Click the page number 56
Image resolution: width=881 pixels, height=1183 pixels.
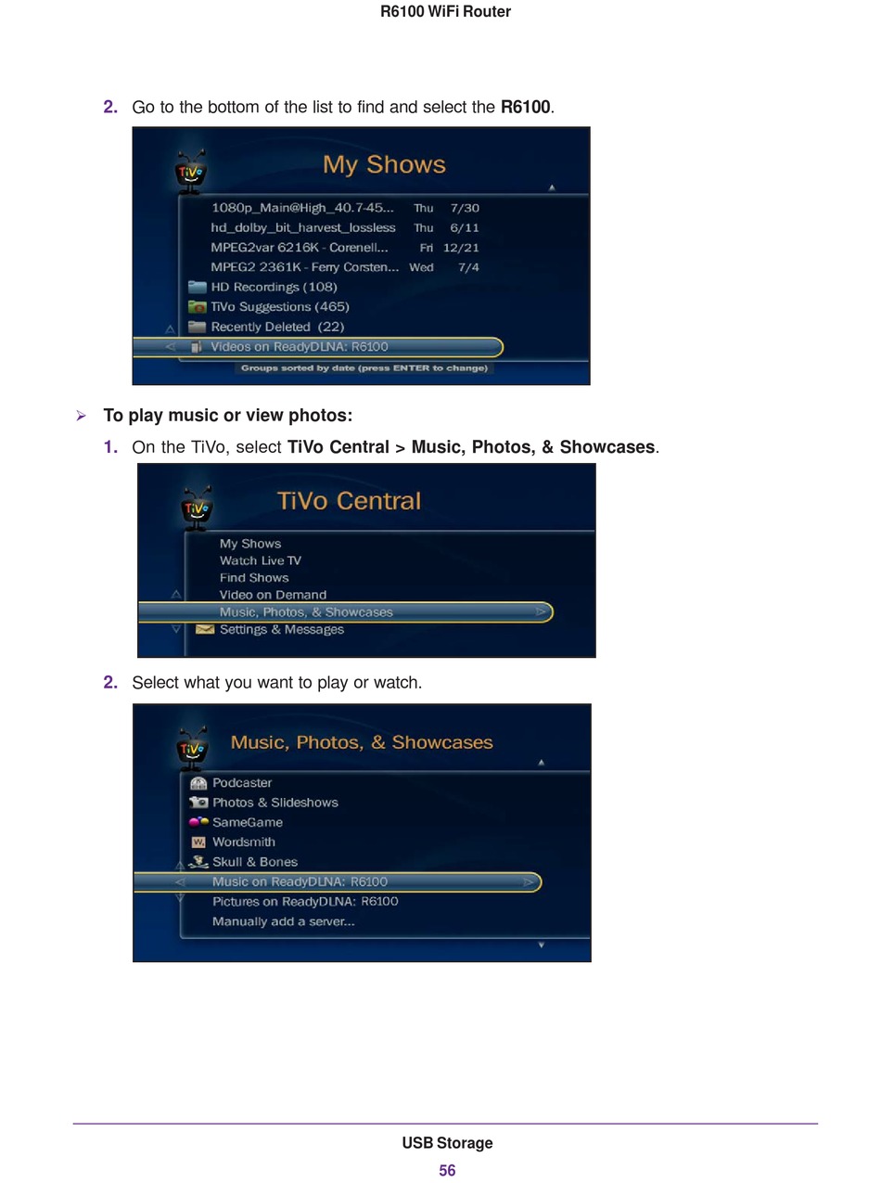447,1170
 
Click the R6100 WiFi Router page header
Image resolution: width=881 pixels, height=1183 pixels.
445,11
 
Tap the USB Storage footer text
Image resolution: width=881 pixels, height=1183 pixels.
447,1142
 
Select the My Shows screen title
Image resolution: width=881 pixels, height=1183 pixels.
384,164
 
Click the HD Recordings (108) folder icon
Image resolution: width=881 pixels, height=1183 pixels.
198,287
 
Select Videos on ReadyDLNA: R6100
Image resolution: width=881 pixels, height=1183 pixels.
300,347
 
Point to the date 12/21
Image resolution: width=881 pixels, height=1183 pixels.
461,248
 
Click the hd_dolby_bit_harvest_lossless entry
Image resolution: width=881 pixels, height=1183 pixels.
303,227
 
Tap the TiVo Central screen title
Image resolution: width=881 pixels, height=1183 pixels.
349,501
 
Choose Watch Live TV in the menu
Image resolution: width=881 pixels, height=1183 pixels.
261,560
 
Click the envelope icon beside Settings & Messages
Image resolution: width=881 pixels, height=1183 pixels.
205,629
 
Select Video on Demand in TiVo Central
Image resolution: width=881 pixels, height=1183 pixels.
273,595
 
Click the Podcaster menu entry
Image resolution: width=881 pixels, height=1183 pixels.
242,782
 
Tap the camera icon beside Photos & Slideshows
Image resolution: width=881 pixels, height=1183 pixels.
198,802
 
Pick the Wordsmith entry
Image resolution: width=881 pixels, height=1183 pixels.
244,842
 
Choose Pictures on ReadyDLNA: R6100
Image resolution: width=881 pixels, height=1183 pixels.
305,901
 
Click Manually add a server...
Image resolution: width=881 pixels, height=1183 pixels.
283,921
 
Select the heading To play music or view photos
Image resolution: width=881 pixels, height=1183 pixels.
228,415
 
